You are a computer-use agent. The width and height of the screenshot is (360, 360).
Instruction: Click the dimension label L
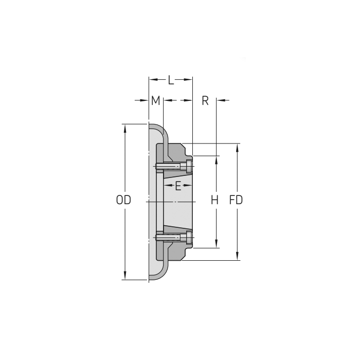(x=171, y=80)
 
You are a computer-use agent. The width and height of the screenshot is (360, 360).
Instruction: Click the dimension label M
(x=155, y=100)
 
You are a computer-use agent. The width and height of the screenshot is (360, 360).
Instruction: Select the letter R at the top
(x=205, y=100)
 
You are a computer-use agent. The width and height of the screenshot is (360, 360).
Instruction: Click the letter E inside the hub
(x=178, y=186)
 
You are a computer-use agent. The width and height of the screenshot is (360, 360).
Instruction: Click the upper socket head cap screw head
(x=190, y=166)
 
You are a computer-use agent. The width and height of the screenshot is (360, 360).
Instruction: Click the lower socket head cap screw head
(x=190, y=237)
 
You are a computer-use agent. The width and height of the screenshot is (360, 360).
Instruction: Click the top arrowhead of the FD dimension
(x=237, y=147)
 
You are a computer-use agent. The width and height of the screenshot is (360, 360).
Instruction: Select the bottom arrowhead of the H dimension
(x=217, y=244)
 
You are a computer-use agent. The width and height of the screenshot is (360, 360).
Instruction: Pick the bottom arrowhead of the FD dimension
(x=237, y=257)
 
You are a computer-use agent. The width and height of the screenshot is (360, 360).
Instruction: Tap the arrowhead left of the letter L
(x=152, y=80)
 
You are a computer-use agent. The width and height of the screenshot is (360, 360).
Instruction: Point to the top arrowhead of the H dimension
(x=217, y=159)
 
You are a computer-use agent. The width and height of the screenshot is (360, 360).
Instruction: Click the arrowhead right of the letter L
(x=189, y=80)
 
